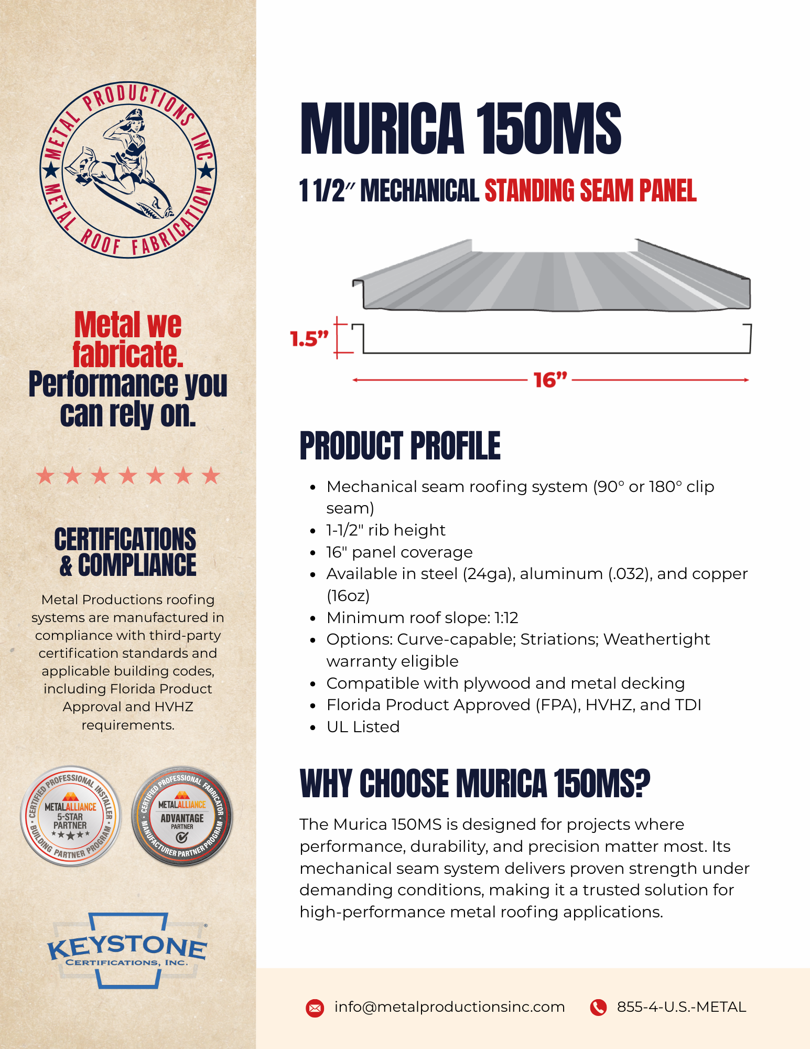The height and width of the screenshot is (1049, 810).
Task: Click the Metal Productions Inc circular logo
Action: (128, 170)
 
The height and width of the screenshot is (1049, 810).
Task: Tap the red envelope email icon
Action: (315, 1008)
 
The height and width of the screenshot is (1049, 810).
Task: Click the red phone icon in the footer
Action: (598, 1007)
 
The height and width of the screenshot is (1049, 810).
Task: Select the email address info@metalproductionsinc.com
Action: (449, 1007)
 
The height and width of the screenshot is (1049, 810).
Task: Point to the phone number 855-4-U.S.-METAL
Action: (681, 1007)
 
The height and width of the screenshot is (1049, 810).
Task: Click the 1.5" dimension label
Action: (309, 339)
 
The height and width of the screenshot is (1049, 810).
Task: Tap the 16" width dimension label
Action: (550, 380)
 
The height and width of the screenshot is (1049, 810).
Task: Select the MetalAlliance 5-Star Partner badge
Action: (71, 816)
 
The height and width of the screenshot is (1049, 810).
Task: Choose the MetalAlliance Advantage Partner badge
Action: (182, 816)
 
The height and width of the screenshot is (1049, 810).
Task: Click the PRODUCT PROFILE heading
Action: (400, 446)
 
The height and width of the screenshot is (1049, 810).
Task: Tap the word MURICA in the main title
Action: (382, 130)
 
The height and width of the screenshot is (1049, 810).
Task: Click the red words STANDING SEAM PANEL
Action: (590, 190)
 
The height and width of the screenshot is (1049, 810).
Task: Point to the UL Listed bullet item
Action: (363, 726)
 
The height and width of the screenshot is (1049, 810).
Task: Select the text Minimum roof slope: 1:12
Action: (422, 617)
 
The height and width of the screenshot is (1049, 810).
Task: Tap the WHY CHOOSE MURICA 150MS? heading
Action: (474, 784)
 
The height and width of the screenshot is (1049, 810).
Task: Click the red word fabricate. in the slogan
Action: (128, 355)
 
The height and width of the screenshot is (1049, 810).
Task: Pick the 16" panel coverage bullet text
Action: (399, 552)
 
